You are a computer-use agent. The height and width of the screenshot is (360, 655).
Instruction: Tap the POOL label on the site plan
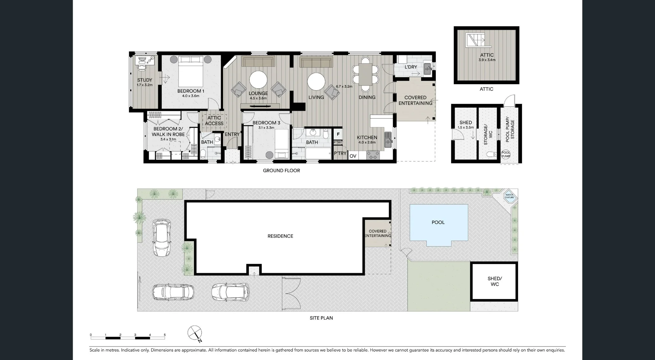point(438,222)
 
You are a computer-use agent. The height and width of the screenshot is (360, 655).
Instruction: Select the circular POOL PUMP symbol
point(506,154)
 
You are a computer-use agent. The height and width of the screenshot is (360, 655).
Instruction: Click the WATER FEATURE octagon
point(509,196)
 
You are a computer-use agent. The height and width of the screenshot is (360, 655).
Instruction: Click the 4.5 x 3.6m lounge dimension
point(258,98)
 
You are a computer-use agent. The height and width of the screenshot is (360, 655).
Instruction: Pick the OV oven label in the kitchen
point(353,156)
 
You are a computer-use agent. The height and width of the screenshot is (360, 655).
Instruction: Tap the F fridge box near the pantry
point(338,134)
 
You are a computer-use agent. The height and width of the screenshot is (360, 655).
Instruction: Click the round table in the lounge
point(258,80)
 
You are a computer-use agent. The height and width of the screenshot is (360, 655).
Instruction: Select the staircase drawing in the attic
point(476,40)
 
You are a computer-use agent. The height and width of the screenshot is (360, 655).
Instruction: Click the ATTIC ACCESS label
point(214,121)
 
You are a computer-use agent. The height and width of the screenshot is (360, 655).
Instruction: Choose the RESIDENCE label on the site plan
point(280,236)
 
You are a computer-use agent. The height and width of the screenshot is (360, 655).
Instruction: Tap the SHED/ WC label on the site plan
point(495,281)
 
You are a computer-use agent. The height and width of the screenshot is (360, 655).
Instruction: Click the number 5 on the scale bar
point(165,335)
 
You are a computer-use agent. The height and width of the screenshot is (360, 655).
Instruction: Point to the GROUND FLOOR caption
point(281,171)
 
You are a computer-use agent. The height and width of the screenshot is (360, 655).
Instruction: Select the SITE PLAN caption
point(321,318)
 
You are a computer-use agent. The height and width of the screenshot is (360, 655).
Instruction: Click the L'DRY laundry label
point(411,67)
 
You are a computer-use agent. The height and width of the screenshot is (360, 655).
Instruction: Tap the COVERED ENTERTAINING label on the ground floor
point(415,100)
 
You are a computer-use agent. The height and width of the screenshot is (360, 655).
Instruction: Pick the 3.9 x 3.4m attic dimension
point(487,60)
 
